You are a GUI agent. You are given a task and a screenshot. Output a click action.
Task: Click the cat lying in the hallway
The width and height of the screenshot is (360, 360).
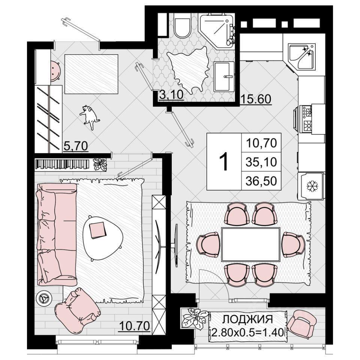90,117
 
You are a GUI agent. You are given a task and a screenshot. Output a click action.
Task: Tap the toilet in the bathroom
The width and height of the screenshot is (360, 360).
183,26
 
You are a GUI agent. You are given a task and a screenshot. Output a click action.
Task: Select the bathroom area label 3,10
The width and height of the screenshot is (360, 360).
171,94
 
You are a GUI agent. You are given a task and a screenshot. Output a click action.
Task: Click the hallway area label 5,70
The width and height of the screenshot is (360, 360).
75,145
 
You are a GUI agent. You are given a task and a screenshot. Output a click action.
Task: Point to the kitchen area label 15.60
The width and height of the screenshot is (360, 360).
255,99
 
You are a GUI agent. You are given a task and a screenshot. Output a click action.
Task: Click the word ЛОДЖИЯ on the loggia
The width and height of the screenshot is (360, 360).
247,319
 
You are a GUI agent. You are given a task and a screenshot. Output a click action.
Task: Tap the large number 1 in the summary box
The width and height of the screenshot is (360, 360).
223,162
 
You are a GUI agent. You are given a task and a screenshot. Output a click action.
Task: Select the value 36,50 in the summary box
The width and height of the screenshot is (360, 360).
261,181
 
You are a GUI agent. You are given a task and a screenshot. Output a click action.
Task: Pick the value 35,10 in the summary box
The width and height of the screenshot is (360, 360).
261,162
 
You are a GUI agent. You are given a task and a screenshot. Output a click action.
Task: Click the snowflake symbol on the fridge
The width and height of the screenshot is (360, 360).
312,186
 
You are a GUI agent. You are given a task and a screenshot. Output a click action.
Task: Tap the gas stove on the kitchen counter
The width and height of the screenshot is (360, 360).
304,119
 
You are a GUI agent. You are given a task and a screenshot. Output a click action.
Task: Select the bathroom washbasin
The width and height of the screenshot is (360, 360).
224,76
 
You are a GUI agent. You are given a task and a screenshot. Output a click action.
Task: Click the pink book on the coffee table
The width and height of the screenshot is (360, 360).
98,230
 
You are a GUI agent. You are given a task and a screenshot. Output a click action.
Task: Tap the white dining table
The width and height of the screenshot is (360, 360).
251,244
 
